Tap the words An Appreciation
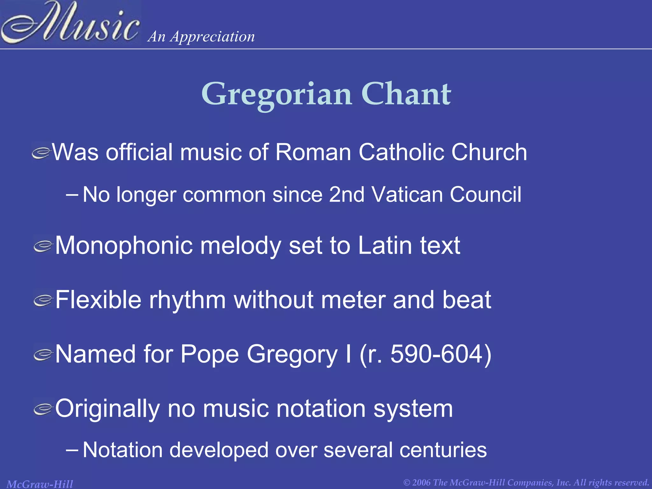[201, 37]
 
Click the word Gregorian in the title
[276, 94]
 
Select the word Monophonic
[124, 246]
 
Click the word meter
[353, 300]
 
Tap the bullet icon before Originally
[43, 409]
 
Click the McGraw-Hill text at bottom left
[40, 484]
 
